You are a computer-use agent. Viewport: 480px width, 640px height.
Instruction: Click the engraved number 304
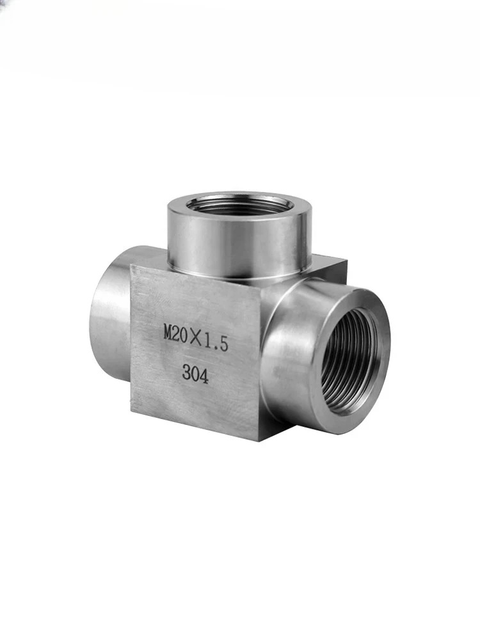195,374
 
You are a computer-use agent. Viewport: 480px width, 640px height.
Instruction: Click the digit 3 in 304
186,372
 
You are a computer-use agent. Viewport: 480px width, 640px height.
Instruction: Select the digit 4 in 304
204,376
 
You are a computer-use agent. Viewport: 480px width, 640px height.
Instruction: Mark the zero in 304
195,374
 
